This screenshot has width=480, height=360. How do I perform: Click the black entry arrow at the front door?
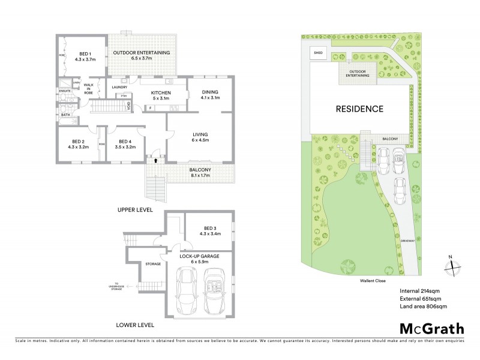pos(156,160)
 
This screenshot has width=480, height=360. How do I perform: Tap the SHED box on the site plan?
pos(318,53)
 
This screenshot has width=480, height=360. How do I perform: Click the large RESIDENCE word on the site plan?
pos(359,109)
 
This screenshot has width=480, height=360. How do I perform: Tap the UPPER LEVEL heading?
pos(135,211)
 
